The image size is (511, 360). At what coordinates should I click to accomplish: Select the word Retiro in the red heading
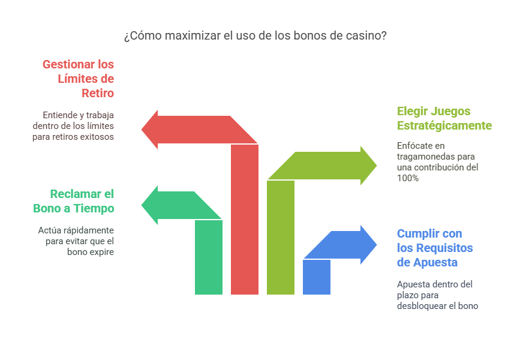(98, 93)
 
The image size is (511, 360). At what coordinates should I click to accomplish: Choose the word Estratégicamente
(444, 126)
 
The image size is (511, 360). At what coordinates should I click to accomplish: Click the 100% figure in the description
(407, 178)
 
